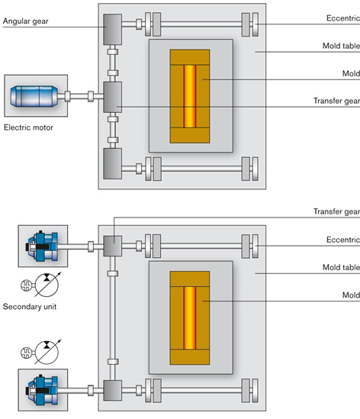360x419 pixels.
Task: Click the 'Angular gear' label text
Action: coord(26,21)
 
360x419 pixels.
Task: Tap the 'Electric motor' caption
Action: coord(28,127)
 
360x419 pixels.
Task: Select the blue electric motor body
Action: coord(34,96)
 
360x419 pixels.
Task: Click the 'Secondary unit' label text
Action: coord(30,307)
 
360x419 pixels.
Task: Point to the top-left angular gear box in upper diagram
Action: coord(113,30)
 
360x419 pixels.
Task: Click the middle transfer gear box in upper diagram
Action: coord(113,97)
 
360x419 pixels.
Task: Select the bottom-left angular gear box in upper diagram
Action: coord(113,163)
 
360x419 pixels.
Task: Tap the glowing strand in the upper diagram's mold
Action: coord(190,96)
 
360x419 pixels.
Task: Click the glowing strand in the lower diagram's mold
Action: coord(190,318)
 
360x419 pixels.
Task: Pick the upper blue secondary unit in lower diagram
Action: coord(42,246)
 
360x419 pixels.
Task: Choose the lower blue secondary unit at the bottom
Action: coord(42,390)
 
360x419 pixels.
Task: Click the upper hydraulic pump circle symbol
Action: coord(47,285)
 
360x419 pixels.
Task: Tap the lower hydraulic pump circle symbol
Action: coord(47,353)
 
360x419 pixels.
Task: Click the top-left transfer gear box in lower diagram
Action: coord(113,246)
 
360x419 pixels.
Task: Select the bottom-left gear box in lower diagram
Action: coord(113,391)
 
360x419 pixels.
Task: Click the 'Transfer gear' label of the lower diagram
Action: coord(337,211)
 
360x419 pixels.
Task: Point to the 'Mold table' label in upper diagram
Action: coord(341,46)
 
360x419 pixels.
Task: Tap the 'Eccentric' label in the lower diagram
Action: coord(343,240)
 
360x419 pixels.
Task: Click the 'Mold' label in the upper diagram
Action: coord(351,73)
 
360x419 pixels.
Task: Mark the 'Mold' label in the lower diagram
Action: coord(351,295)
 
